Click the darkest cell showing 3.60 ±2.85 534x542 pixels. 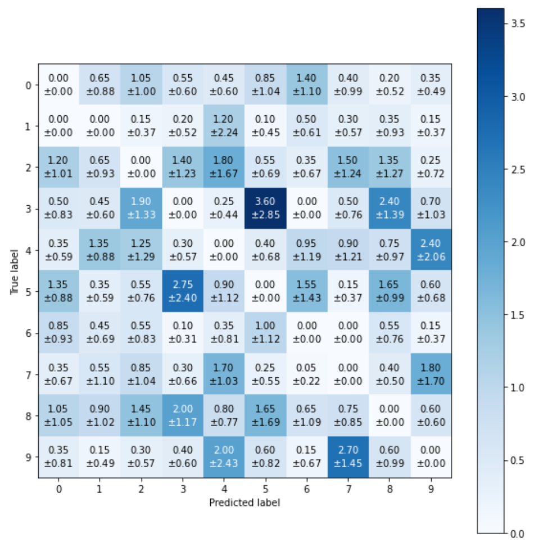click(265, 209)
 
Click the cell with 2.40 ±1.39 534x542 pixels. click(390, 209)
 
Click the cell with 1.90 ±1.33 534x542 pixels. click(141, 209)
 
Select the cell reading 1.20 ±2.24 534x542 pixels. click(224, 126)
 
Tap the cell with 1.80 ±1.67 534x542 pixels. click(224, 167)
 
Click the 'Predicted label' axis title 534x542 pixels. click(245, 502)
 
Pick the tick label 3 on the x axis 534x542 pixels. click(183, 489)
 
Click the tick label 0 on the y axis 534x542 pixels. click(28, 85)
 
